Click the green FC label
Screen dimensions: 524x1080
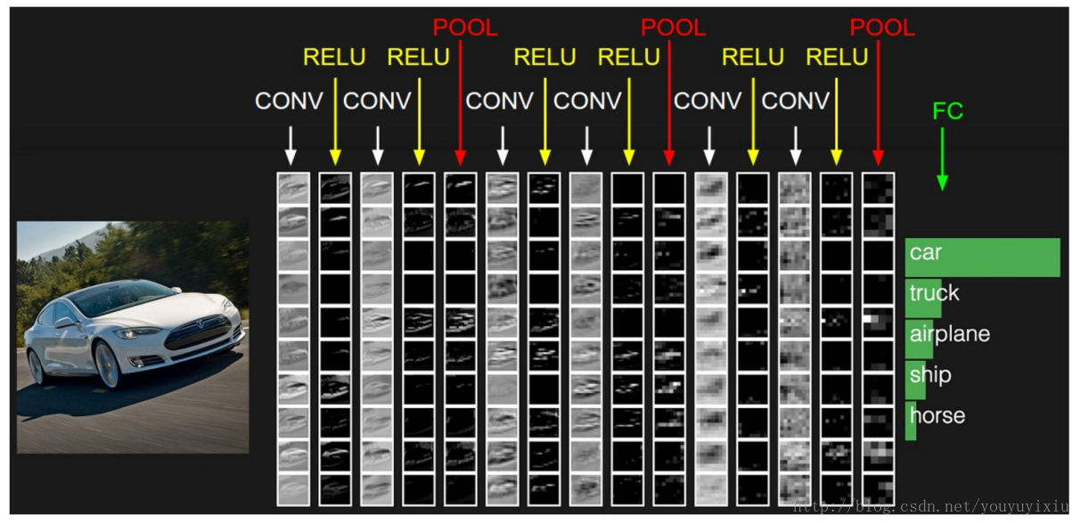[947, 111]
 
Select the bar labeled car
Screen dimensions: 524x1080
[982, 257]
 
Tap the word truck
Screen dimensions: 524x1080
[934, 293]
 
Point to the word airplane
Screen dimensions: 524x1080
[949, 334]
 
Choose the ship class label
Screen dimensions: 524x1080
[929, 375]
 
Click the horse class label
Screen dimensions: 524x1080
[937, 416]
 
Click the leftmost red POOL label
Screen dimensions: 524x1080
[465, 28]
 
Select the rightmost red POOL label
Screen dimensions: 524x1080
[881, 28]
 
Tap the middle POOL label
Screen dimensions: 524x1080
[673, 28]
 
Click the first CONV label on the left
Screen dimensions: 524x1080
[289, 101]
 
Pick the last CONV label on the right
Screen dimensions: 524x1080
[795, 101]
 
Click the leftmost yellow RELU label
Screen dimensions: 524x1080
[334, 57]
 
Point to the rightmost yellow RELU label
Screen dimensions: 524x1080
[837, 57]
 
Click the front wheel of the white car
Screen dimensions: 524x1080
[106, 364]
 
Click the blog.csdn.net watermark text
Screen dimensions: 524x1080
[931, 506]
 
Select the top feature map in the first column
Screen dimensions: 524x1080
[293, 188]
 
